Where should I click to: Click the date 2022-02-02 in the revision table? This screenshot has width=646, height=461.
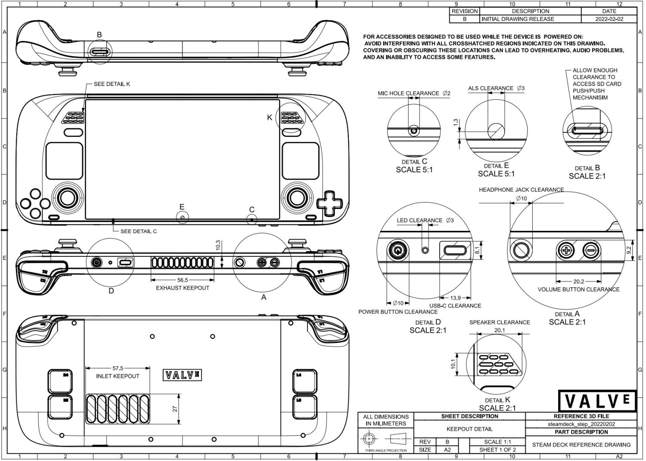609,19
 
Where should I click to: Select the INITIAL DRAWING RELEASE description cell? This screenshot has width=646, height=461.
518,19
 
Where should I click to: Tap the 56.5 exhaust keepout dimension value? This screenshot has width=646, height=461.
183,280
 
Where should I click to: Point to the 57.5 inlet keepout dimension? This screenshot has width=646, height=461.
118,368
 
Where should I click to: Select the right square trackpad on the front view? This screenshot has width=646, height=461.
300,161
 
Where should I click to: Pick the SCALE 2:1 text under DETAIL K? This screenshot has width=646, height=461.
497,408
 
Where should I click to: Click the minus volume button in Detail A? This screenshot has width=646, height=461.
591,250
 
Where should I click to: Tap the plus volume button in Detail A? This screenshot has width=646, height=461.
566,250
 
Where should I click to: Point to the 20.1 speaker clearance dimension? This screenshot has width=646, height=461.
499,330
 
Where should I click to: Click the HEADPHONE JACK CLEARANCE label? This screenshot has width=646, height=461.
521,190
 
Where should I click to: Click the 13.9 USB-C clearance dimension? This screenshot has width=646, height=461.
455,298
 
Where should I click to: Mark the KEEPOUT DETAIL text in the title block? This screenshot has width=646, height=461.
469,429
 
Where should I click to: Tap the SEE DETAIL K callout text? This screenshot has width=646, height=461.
112,84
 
